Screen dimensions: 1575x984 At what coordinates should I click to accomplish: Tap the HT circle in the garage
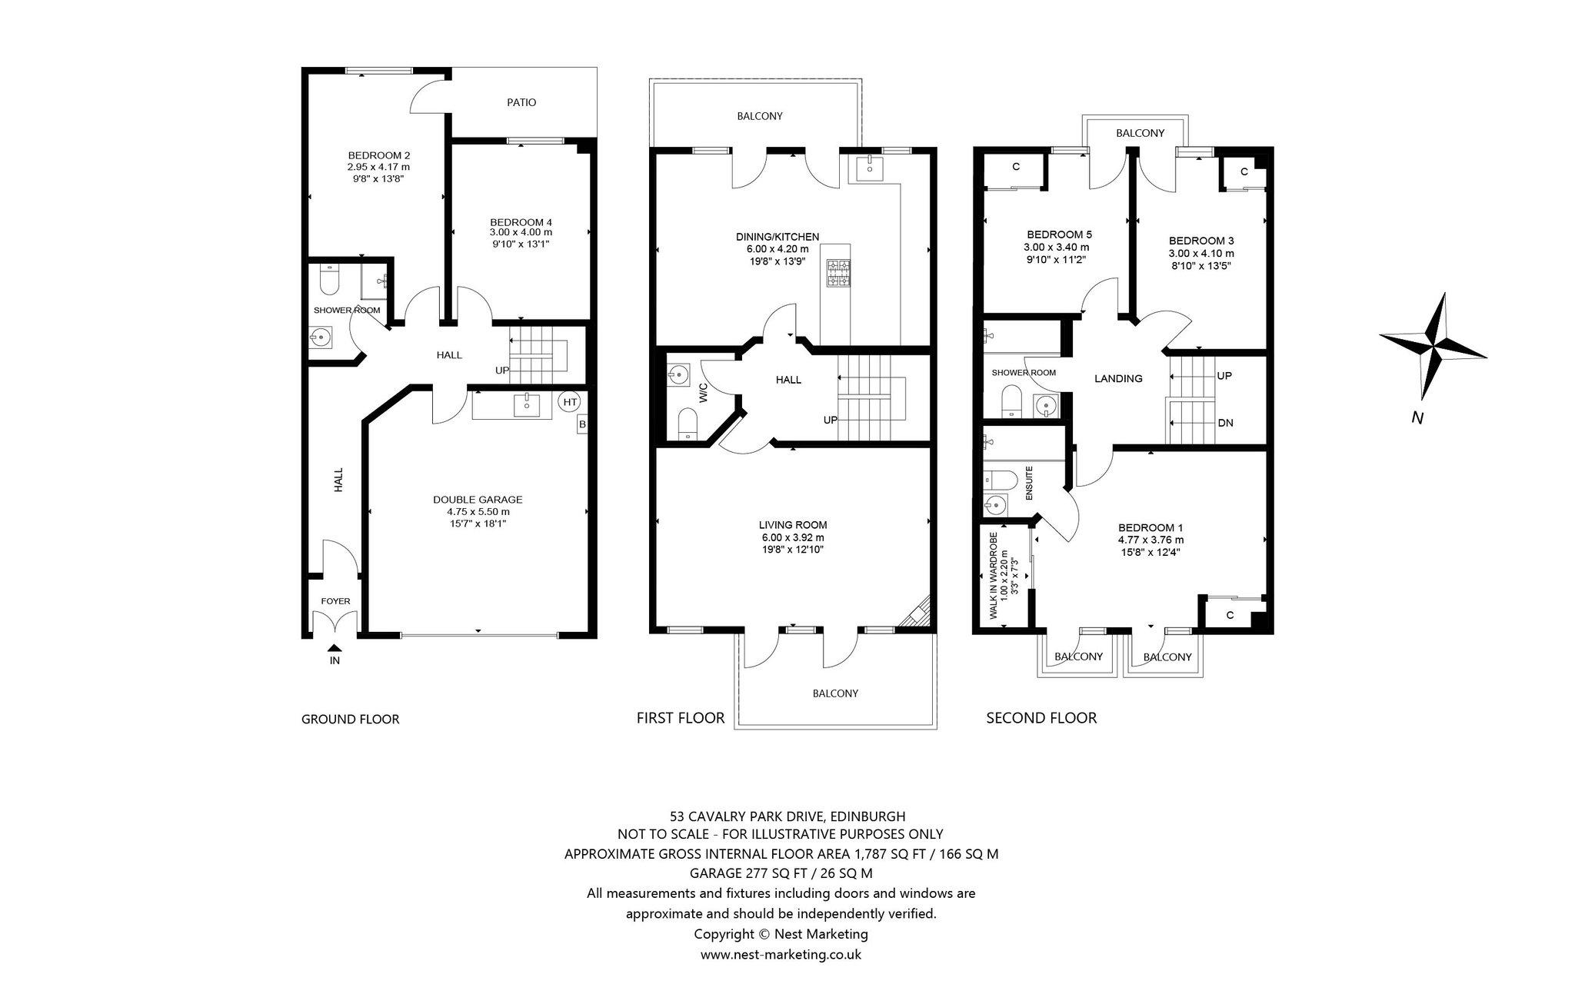click(x=570, y=401)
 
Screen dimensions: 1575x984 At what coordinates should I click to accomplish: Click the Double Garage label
click(x=478, y=500)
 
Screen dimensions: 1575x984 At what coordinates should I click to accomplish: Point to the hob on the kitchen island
click(x=838, y=273)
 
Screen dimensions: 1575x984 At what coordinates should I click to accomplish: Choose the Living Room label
click(x=793, y=525)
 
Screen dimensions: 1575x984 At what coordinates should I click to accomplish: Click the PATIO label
click(x=521, y=102)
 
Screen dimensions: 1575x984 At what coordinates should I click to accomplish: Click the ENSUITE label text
click(x=1029, y=483)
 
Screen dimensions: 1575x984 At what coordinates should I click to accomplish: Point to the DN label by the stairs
click(x=1226, y=423)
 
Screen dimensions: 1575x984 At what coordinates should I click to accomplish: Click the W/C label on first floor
click(x=703, y=393)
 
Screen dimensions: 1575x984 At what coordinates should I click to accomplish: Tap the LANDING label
click(x=1118, y=378)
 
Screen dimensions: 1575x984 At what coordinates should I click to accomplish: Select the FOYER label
click(x=335, y=601)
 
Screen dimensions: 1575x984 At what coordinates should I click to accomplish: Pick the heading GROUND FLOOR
click(x=350, y=720)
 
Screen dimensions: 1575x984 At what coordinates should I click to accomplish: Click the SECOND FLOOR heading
click(x=1041, y=718)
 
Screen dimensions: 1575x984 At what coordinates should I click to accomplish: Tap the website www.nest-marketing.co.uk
click(x=781, y=955)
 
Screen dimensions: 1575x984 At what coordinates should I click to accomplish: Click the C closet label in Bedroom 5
click(x=1016, y=166)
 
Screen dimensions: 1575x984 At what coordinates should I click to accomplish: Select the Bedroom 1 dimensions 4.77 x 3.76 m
click(x=1150, y=540)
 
